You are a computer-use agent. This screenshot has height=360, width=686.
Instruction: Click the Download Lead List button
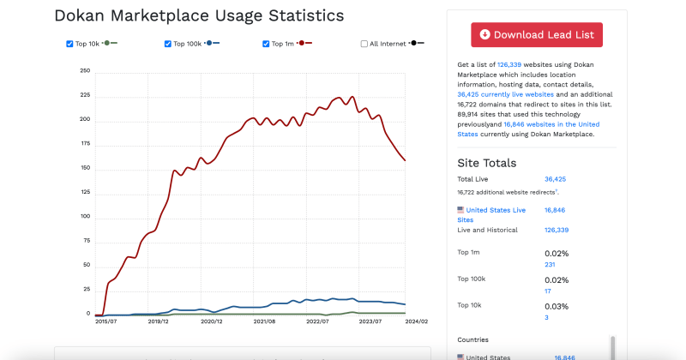pyautogui.click(x=537, y=35)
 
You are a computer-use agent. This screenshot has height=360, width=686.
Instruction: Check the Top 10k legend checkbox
pyautogui.click(x=70, y=44)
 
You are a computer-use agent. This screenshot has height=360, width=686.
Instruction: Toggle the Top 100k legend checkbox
pyautogui.click(x=168, y=44)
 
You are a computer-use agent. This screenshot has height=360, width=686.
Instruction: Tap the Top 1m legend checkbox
pyautogui.click(x=267, y=44)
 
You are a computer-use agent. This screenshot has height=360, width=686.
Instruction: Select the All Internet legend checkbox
pyautogui.click(x=364, y=44)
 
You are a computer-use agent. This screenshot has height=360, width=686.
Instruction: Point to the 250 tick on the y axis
pyautogui.click(x=85, y=71)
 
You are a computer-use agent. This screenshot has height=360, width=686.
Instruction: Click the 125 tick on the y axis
pyautogui.click(x=85, y=193)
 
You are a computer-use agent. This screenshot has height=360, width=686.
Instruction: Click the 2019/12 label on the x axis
pyautogui.click(x=159, y=321)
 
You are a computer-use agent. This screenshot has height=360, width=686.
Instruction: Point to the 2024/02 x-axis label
pyautogui.click(x=417, y=321)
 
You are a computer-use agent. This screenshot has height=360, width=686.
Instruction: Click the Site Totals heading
pyautogui.click(x=487, y=163)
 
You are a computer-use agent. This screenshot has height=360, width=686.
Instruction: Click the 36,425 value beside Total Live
pyautogui.click(x=556, y=179)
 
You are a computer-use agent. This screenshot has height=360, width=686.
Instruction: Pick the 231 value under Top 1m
pyautogui.click(x=550, y=265)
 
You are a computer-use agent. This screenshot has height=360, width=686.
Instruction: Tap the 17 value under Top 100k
pyautogui.click(x=548, y=291)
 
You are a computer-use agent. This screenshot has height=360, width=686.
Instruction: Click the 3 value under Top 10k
pyautogui.click(x=546, y=318)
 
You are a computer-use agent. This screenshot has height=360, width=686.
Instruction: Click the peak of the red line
pyautogui.click(x=339, y=98)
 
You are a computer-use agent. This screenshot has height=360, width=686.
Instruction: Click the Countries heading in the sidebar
pyautogui.click(x=472, y=339)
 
